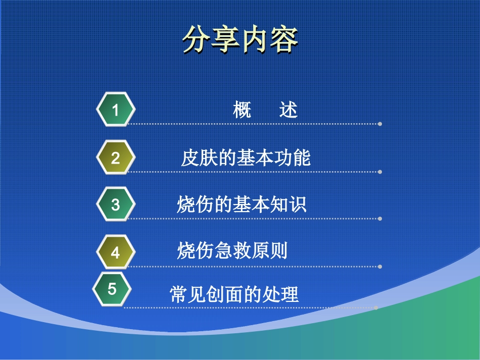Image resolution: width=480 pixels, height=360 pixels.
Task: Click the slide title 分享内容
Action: click(240, 39)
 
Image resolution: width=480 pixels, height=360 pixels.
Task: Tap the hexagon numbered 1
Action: click(116, 110)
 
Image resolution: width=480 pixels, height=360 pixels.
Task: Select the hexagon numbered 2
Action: click(116, 158)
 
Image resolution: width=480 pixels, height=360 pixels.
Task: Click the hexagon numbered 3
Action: click(116, 204)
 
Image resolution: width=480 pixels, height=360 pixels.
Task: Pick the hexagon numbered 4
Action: click(116, 252)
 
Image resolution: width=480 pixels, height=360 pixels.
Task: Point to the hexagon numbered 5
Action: click(112, 289)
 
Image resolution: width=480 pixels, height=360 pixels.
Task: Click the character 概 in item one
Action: click(243, 110)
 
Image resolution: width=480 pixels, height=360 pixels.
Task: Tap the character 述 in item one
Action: click(289, 110)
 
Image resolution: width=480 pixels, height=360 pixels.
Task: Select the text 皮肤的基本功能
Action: click(246, 158)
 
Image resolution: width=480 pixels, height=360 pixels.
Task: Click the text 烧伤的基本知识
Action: click(242, 205)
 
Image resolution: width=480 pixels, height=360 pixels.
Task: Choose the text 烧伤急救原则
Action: click(232, 250)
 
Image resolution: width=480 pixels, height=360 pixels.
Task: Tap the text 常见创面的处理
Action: click(234, 294)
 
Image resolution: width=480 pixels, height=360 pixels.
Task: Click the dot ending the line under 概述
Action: click(380, 124)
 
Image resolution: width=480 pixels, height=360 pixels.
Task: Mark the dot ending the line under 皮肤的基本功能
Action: click(380, 172)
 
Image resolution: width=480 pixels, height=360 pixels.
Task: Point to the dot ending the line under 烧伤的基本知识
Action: click(380, 219)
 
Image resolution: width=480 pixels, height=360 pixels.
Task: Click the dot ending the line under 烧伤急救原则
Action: click(380, 267)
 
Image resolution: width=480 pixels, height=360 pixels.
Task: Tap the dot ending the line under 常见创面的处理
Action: click(376, 307)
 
